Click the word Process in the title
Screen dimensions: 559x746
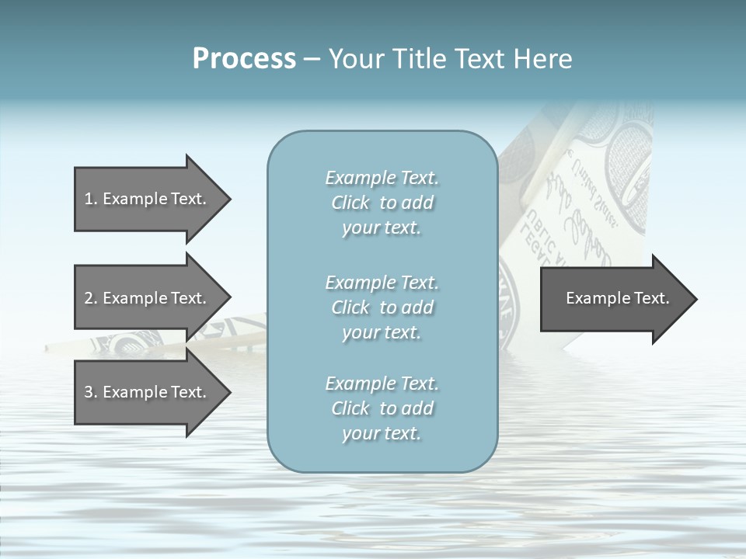click(244, 59)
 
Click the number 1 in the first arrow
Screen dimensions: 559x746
click(89, 199)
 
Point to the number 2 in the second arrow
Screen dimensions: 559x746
click(89, 298)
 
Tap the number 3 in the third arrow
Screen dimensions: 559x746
click(89, 392)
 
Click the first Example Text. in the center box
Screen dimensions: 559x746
click(382, 179)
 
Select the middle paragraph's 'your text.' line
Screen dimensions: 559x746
click(382, 332)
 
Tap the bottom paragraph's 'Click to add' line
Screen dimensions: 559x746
click(382, 408)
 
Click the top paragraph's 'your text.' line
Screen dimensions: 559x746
click(382, 228)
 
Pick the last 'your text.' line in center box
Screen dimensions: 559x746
click(382, 433)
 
